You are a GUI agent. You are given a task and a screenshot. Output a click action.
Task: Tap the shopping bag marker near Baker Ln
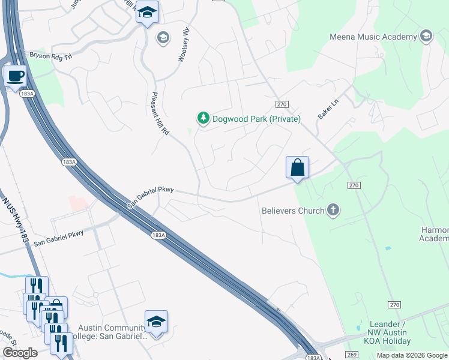298,167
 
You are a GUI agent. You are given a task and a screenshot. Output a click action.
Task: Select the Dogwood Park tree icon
203,119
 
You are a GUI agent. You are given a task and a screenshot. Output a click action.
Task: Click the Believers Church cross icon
334,210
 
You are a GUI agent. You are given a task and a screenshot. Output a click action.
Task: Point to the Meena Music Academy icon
427,37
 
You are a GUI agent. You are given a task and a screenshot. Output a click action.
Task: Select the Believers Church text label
293,211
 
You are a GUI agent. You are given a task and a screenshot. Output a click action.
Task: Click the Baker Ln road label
329,109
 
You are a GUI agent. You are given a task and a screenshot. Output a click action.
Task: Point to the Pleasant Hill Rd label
160,113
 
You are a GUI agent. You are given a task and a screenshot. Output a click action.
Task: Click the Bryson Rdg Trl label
50,55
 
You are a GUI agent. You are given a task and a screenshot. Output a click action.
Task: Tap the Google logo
20,353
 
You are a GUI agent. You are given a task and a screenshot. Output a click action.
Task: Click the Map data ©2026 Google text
412,355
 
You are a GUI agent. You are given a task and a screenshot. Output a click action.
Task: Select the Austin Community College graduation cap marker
156,322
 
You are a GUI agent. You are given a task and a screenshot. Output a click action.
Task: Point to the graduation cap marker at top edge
147,12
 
